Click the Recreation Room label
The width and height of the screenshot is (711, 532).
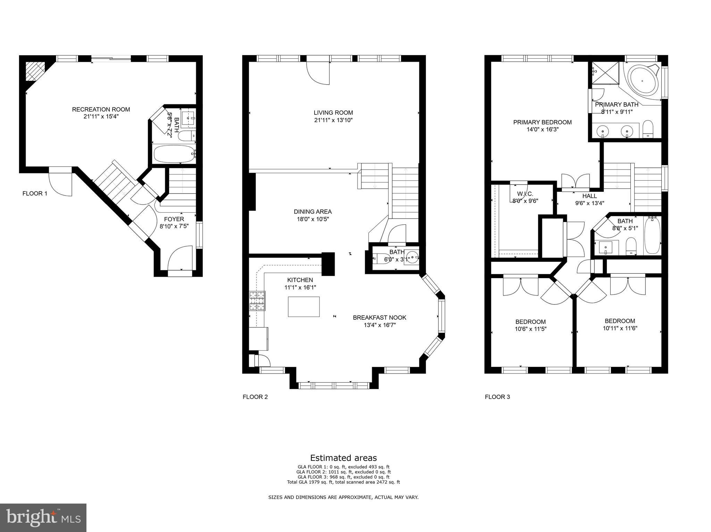tap(101, 110)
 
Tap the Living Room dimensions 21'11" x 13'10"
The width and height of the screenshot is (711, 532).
tap(333, 120)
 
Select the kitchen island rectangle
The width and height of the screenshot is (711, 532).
tap(304, 307)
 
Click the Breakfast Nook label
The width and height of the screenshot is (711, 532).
tap(379, 317)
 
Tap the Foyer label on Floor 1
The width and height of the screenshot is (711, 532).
tap(174, 219)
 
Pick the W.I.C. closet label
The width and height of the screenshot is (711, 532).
tap(525, 194)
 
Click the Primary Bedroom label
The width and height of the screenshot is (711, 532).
tap(542, 122)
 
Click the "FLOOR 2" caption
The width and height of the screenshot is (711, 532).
tap(255, 397)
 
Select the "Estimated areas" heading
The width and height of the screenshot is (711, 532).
tap(343, 458)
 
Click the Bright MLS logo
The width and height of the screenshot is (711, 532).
tap(43, 518)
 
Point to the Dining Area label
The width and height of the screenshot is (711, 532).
tap(312, 212)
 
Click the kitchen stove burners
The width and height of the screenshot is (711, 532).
tap(257, 301)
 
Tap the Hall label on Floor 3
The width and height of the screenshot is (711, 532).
tap(589, 196)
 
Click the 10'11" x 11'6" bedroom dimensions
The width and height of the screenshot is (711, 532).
tap(620, 328)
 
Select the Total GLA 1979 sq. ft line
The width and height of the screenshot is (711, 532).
tap(343, 482)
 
